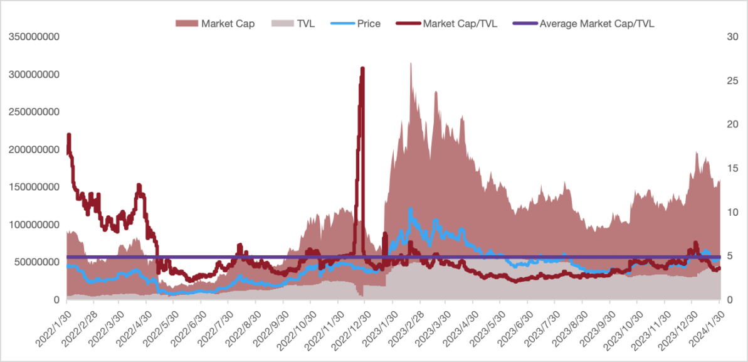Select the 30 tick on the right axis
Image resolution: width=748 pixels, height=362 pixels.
coord(732,37)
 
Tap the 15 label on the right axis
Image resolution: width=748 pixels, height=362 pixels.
coord(732,168)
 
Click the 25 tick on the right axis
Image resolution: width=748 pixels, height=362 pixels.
coord(732,81)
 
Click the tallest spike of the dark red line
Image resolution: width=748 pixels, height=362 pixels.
coord(362,68)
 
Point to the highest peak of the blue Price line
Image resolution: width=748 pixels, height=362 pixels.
coord(411,210)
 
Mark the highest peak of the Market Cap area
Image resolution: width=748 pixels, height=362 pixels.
coord(411,63)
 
